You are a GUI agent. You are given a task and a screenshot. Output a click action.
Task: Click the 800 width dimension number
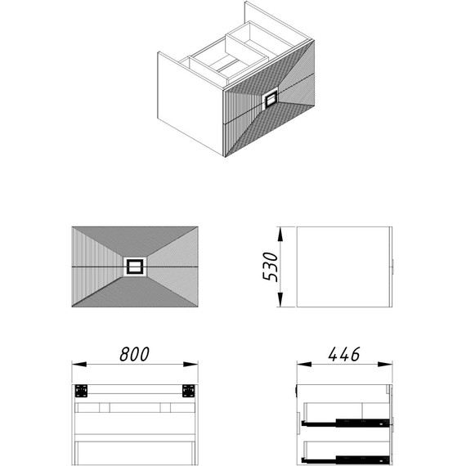[x=134, y=354]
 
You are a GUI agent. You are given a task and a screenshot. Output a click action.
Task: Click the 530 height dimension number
[x=270, y=267]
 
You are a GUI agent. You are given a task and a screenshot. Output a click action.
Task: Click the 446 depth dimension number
[x=344, y=354]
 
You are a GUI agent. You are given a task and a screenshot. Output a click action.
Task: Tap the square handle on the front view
[x=135, y=267]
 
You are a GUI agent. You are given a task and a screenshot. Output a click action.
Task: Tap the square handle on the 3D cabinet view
[x=271, y=100]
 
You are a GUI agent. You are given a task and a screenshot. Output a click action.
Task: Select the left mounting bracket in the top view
[x=81, y=391]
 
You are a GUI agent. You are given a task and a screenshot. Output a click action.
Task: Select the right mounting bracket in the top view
[x=188, y=391]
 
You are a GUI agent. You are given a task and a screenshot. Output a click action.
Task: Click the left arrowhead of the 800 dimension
[x=79, y=364]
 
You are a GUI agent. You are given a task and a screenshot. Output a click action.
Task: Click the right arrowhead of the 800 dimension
[x=190, y=364]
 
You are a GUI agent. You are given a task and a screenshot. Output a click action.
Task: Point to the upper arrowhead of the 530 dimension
[x=280, y=234]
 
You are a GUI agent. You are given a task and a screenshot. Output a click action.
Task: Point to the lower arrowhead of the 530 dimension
[x=280, y=299]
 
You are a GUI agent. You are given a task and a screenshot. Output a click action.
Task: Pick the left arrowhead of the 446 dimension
[x=304, y=364]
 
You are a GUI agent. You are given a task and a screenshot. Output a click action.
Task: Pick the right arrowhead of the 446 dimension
[x=385, y=364]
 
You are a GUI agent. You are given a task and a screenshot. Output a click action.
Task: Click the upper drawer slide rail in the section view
[x=345, y=423]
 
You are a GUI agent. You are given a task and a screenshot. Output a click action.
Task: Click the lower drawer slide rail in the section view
[x=345, y=459]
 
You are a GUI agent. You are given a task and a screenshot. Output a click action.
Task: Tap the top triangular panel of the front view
[x=135, y=240]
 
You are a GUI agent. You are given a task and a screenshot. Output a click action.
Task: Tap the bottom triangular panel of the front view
[x=135, y=293]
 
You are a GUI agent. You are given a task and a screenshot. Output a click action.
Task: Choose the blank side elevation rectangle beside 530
[x=343, y=267]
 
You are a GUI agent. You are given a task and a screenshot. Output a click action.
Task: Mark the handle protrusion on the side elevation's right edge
[x=393, y=267]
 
